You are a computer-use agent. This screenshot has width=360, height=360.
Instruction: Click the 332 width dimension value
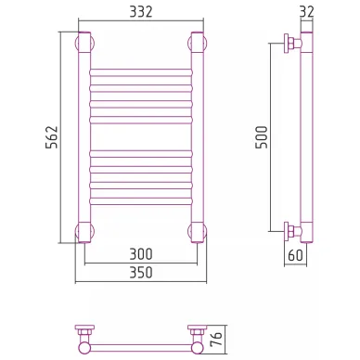[141, 12]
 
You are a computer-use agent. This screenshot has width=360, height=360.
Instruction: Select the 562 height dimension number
[52, 137]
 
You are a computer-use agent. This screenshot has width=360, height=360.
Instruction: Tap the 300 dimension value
[141, 254]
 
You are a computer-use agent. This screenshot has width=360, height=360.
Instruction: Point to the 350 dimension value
[141, 273]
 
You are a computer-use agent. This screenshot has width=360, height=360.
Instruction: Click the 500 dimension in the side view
[262, 137]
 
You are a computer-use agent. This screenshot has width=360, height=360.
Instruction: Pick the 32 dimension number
[306, 12]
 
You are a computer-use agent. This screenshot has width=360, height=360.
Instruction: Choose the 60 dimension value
[295, 255]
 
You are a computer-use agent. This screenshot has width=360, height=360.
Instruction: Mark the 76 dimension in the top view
[217, 339]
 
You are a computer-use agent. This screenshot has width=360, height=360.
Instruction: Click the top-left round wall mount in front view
[84, 43]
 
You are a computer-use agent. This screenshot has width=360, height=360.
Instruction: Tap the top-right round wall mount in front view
[197, 43]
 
